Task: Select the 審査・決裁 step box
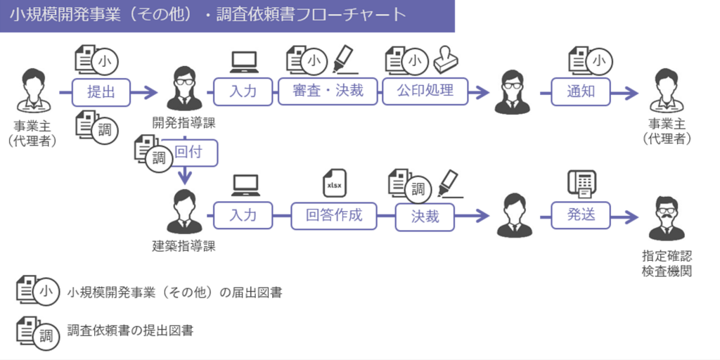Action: point(328,91)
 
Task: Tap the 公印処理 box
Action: point(425,91)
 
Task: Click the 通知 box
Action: point(580,91)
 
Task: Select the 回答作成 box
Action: point(334,216)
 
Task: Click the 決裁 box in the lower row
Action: point(425,217)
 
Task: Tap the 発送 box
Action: point(581,216)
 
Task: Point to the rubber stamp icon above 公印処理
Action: point(448,60)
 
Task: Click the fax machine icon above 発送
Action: point(581,184)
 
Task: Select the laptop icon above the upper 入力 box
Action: point(244,62)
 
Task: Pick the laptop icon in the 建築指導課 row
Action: point(244,186)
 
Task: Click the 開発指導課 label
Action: point(184,122)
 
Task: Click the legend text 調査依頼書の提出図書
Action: point(130,329)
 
